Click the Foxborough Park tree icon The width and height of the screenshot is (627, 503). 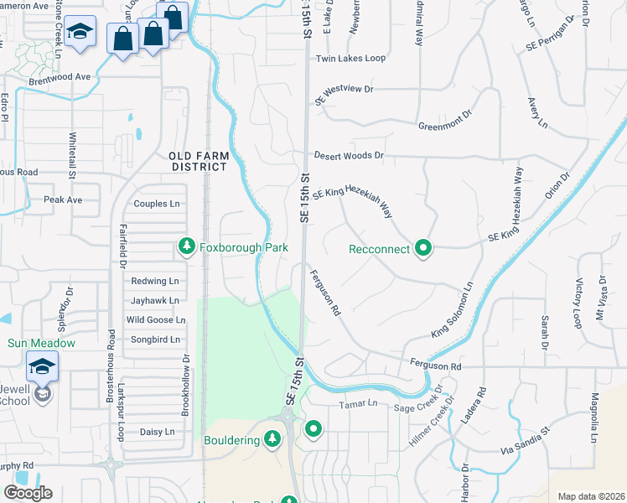(186, 247)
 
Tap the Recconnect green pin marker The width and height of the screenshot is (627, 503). (424, 248)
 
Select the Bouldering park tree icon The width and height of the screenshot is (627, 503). (272, 438)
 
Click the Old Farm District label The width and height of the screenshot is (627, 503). (198, 161)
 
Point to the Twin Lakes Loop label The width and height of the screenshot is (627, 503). (350, 59)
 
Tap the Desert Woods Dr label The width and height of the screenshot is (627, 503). (349, 156)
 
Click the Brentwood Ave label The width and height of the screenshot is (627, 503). (59, 76)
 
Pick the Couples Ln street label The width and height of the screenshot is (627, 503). (157, 204)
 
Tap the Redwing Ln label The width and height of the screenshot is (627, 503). (155, 281)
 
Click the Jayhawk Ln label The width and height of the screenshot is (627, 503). (155, 300)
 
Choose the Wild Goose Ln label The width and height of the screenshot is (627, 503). (155, 319)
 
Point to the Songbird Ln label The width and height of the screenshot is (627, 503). (157, 340)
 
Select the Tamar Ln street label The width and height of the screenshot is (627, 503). (359, 404)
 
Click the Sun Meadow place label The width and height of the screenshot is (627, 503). (42, 343)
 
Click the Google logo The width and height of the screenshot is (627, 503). (28, 493)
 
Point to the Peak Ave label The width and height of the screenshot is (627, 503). (64, 200)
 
